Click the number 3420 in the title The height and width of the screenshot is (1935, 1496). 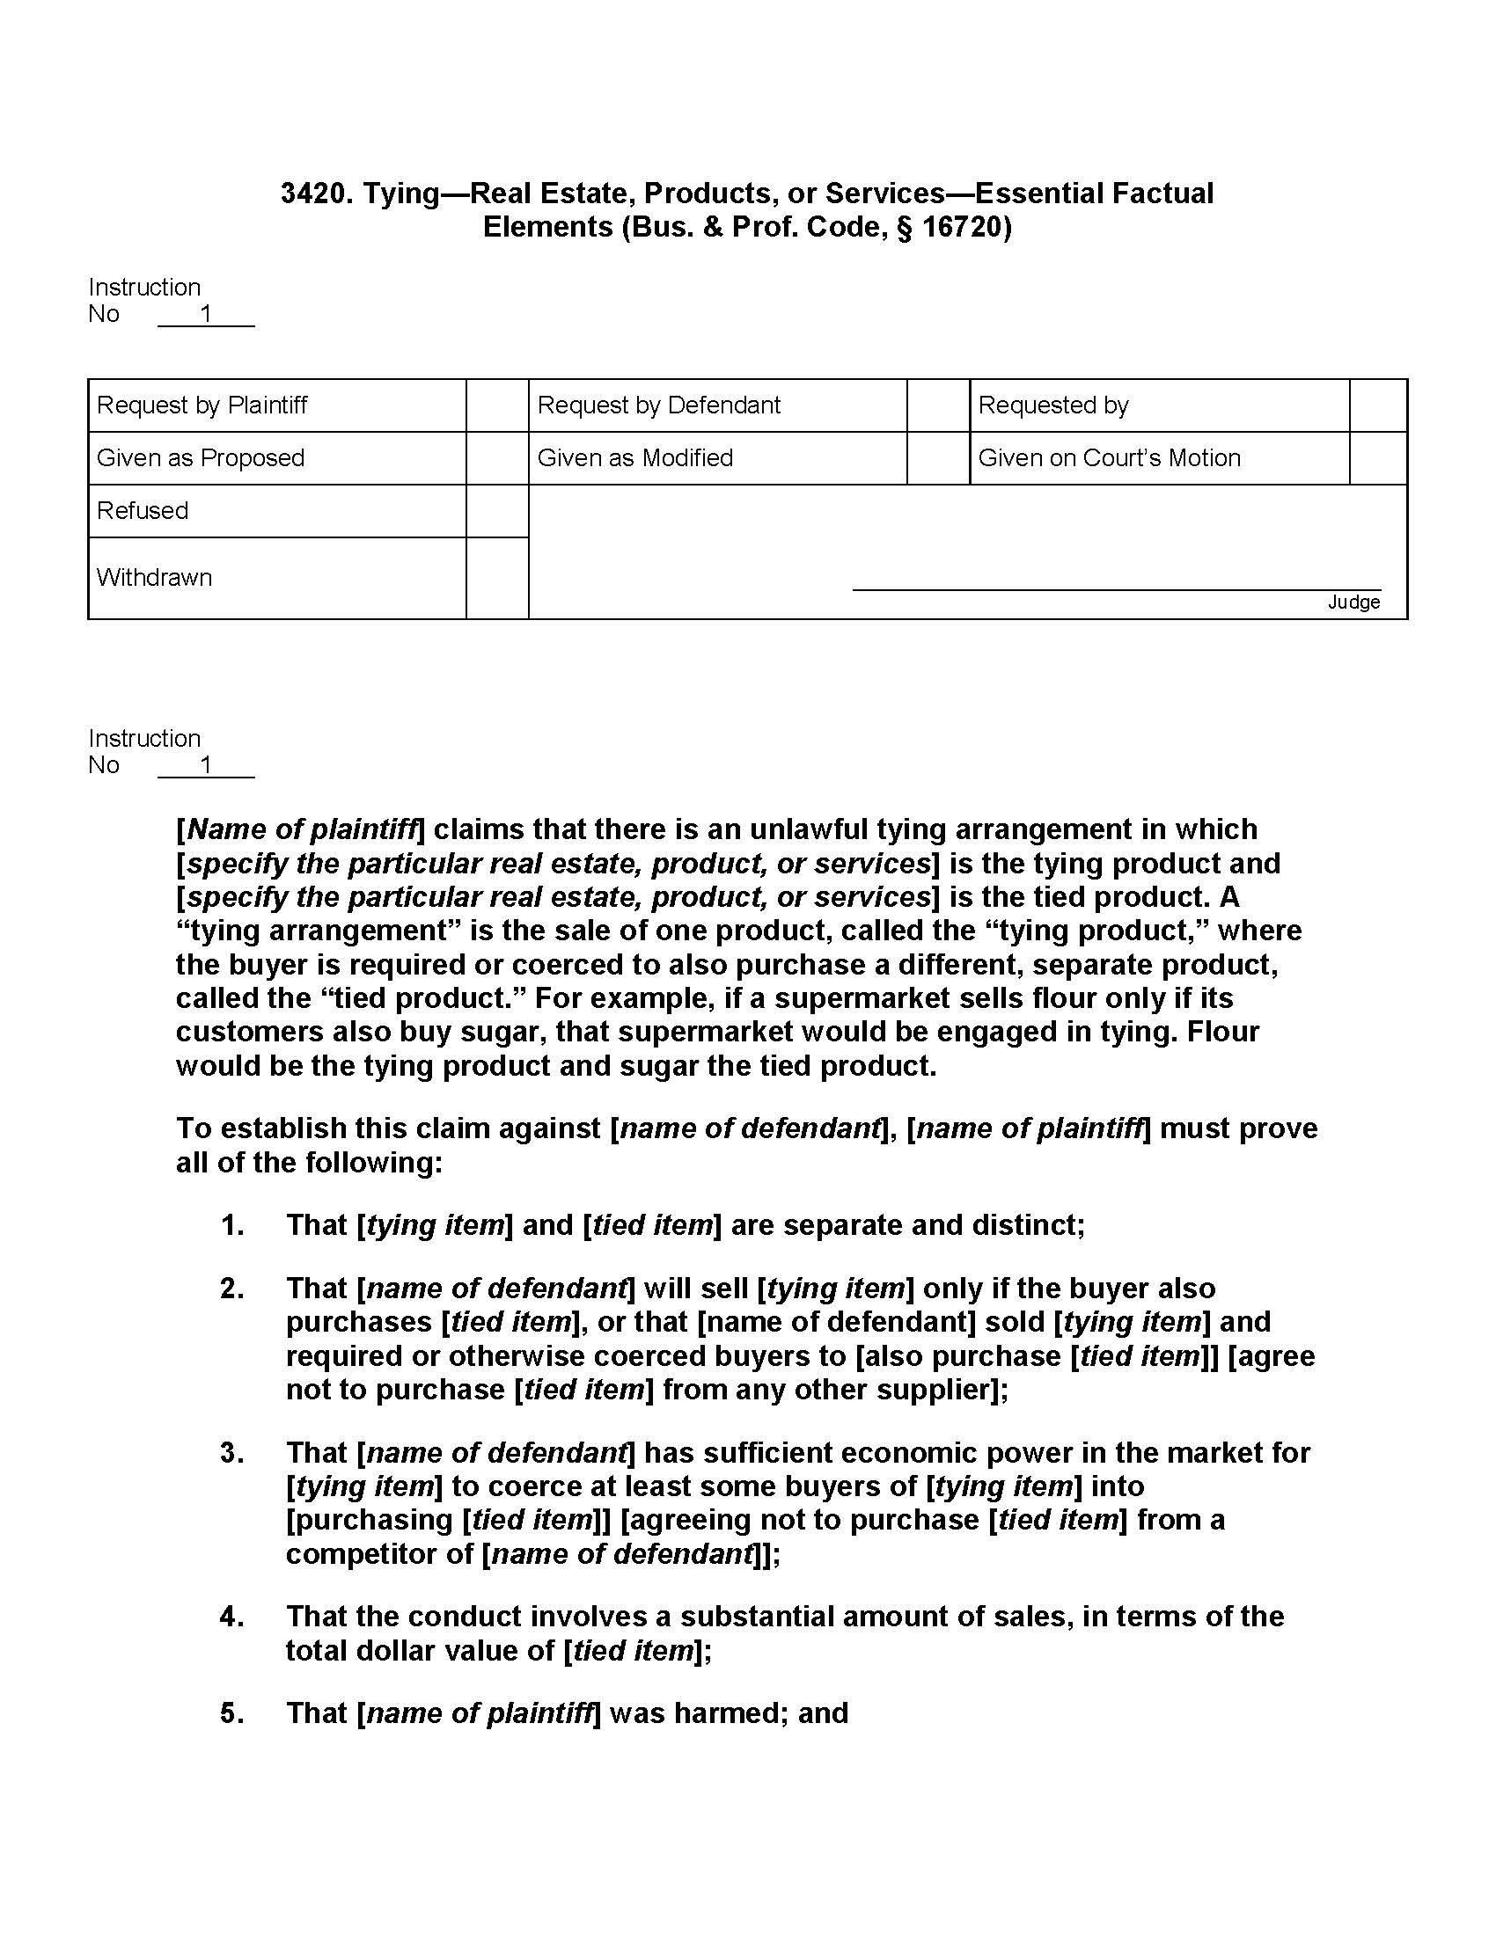click(x=312, y=193)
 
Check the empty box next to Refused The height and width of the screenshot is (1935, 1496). click(x=497, y=511)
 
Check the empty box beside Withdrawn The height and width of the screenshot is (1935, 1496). click(x=497, y=578)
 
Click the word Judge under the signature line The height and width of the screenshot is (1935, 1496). click(x=1353, y=602)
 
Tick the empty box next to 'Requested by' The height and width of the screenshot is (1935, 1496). click(x=1378, y=405)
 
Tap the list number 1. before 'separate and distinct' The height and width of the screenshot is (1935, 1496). click(x=232, y=1225)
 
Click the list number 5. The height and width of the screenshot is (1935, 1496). click(x=232, y=1713)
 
